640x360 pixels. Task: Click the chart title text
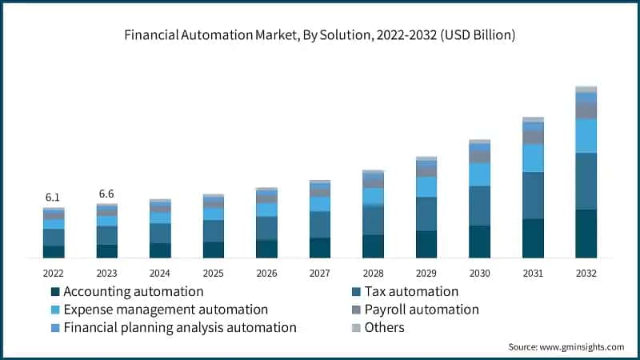(320, 35)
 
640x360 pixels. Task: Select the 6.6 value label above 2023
(106, 194)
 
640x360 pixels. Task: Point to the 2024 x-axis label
(160, 272)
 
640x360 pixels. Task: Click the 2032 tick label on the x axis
(586, 272)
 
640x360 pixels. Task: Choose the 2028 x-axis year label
(373, 272)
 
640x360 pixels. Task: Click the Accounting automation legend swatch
(55, 292)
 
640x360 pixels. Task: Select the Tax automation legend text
(411, 292)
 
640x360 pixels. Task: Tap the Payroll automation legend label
(422, 310)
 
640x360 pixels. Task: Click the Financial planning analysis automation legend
(180, 327)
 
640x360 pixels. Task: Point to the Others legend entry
(384, 327)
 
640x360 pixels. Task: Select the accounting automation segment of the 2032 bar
(586, 234)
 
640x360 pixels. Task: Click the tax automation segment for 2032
(586, 181)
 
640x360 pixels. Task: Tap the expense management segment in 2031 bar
(533, 158)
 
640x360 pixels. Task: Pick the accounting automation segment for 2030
(479, 242)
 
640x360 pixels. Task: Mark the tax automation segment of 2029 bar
(426, 214)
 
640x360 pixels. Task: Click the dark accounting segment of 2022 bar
(54, 251)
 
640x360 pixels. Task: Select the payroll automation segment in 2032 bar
(586, 110)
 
